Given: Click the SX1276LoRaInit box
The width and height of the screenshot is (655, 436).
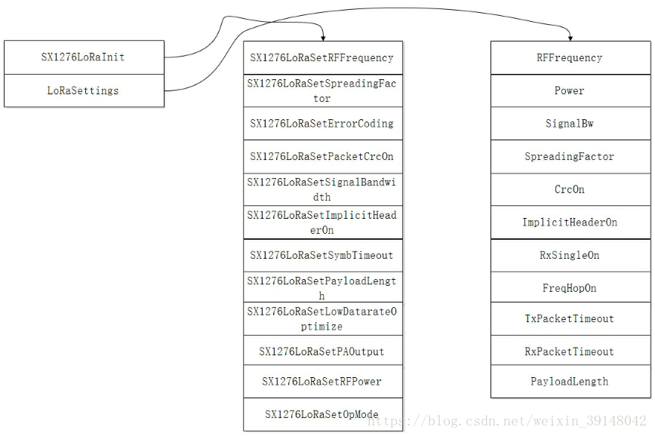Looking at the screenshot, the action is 84,57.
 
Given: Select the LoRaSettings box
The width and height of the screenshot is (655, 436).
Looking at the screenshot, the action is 84,91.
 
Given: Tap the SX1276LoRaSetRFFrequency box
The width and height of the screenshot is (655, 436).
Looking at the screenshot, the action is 323,57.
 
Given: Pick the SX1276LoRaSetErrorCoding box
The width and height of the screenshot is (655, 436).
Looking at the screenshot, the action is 323,124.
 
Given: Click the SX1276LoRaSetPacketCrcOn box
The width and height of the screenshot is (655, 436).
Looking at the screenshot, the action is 323,157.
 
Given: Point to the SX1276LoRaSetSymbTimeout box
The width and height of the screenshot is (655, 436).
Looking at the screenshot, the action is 323,255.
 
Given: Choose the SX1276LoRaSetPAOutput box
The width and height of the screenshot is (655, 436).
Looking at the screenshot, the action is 323,351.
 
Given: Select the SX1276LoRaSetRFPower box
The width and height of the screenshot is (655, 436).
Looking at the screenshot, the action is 323,382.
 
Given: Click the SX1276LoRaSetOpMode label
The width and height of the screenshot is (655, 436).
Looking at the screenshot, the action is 321,414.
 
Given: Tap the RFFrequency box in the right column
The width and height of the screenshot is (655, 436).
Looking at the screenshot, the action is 570,57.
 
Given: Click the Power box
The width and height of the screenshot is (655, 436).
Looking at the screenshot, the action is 570,91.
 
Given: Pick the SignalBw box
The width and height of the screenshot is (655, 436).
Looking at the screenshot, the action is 570,124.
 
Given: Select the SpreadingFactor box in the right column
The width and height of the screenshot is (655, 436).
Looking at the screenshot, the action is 570,157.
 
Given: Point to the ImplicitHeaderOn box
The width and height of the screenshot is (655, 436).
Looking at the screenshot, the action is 570,223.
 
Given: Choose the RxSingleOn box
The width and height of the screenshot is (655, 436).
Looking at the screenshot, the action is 570,255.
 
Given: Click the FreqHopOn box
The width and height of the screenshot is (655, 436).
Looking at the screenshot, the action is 570,287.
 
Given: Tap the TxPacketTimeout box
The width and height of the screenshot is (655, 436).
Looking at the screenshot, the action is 570,318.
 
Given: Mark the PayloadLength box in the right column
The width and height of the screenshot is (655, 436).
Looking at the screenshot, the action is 570,382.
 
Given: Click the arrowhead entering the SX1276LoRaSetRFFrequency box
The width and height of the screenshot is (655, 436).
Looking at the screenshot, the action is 323,38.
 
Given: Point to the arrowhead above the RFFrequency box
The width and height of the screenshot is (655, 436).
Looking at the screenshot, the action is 570,38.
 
